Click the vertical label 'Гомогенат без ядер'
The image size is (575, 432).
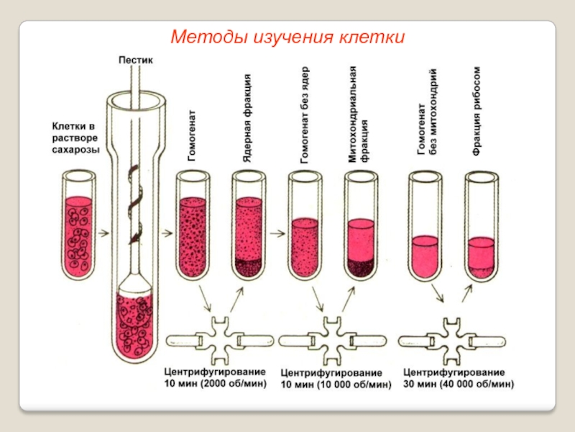(303, 115)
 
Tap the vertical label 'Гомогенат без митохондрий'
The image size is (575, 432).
(427, 112)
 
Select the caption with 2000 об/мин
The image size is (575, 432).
(215, 378)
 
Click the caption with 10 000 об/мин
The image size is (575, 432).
(335, 379)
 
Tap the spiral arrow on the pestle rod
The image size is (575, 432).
(135, 202)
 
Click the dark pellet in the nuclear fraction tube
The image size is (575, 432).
(248, 266)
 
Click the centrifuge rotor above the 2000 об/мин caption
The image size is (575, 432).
(220, 338)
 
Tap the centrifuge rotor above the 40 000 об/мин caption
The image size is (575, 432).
(454, 338)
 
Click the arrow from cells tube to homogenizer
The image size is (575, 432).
(103, 232)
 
